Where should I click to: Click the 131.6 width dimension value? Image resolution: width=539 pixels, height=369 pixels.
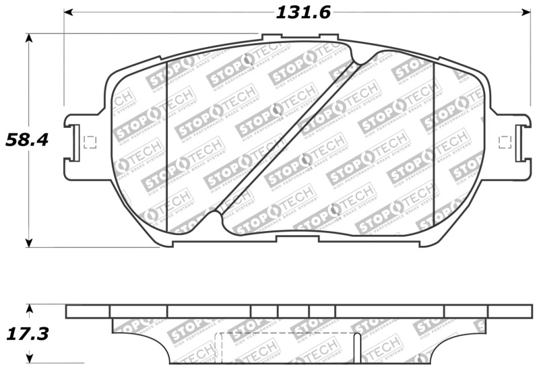pos(303,12)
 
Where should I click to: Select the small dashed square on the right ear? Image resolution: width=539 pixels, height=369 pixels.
pos(503,141)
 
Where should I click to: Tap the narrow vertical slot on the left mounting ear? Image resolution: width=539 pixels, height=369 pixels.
pos(76,143)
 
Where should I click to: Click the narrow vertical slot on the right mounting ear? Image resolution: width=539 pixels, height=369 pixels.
pos(519,143)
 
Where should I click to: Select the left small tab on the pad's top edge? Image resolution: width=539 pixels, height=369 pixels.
pos(271,38)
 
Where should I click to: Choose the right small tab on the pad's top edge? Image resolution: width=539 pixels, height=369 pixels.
pos(328,38)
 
